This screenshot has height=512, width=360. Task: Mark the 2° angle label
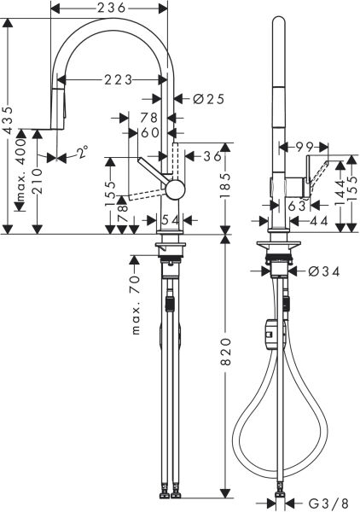click(x=80, y=154)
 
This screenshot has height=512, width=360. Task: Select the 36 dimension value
click(x=212, y=157)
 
